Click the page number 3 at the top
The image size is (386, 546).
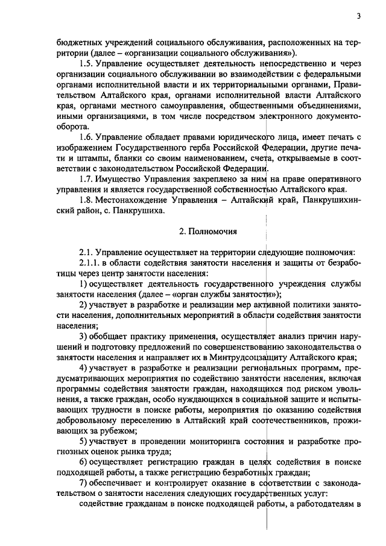(x=358, y=16)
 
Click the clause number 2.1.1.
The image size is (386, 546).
(x=90, y=262)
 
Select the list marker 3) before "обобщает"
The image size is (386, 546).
(x=84, y=336)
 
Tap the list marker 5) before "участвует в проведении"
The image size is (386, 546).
(x=84, y=442)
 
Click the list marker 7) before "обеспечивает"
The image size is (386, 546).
(x=84, y=484)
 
